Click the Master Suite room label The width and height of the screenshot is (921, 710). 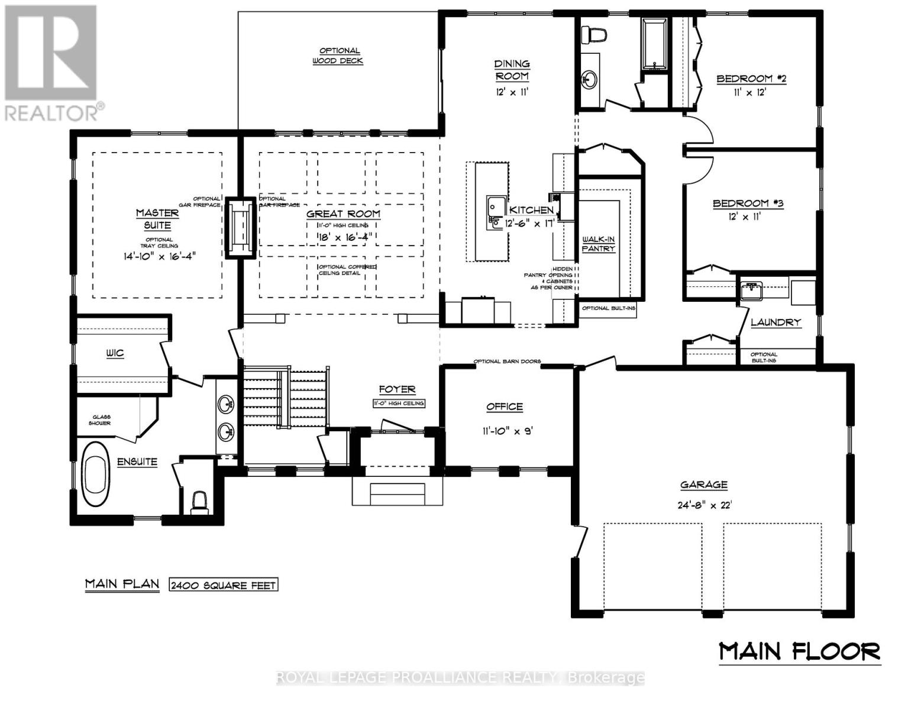(x=157, y=219)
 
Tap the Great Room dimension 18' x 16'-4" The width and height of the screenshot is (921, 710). (x=342, y=237)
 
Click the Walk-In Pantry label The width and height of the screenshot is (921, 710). (x=599, y=244)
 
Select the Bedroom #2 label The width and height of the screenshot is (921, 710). (x=751, y=79)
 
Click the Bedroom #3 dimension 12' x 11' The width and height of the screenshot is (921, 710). (x=744, y=217)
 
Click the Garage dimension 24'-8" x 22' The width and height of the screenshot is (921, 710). (x=703, y=505)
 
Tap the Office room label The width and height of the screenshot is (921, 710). (x=504, y=406)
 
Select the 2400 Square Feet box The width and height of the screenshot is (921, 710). (x=223, y=585)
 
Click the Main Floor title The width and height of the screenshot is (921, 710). (x=799, y=651)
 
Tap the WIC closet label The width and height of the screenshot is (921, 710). (x=115, y=353)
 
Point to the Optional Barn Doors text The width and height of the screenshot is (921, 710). (x=506, y=361)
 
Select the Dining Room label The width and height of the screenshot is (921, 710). (x=512, y=70)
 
